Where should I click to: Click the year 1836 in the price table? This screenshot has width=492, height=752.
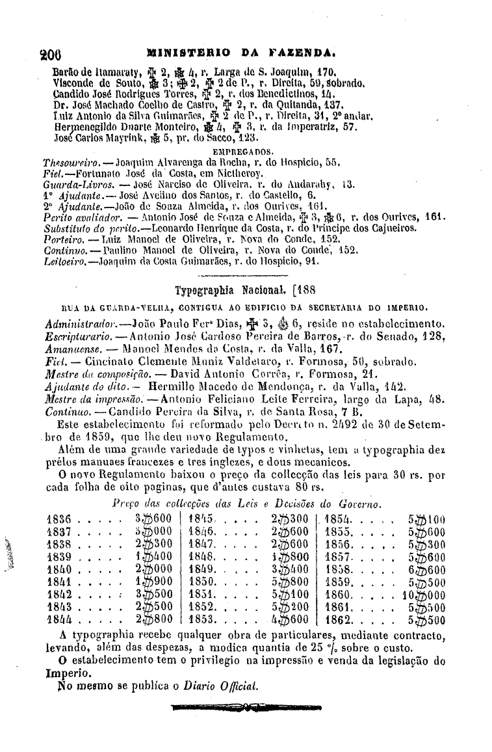tap(61, 520)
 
